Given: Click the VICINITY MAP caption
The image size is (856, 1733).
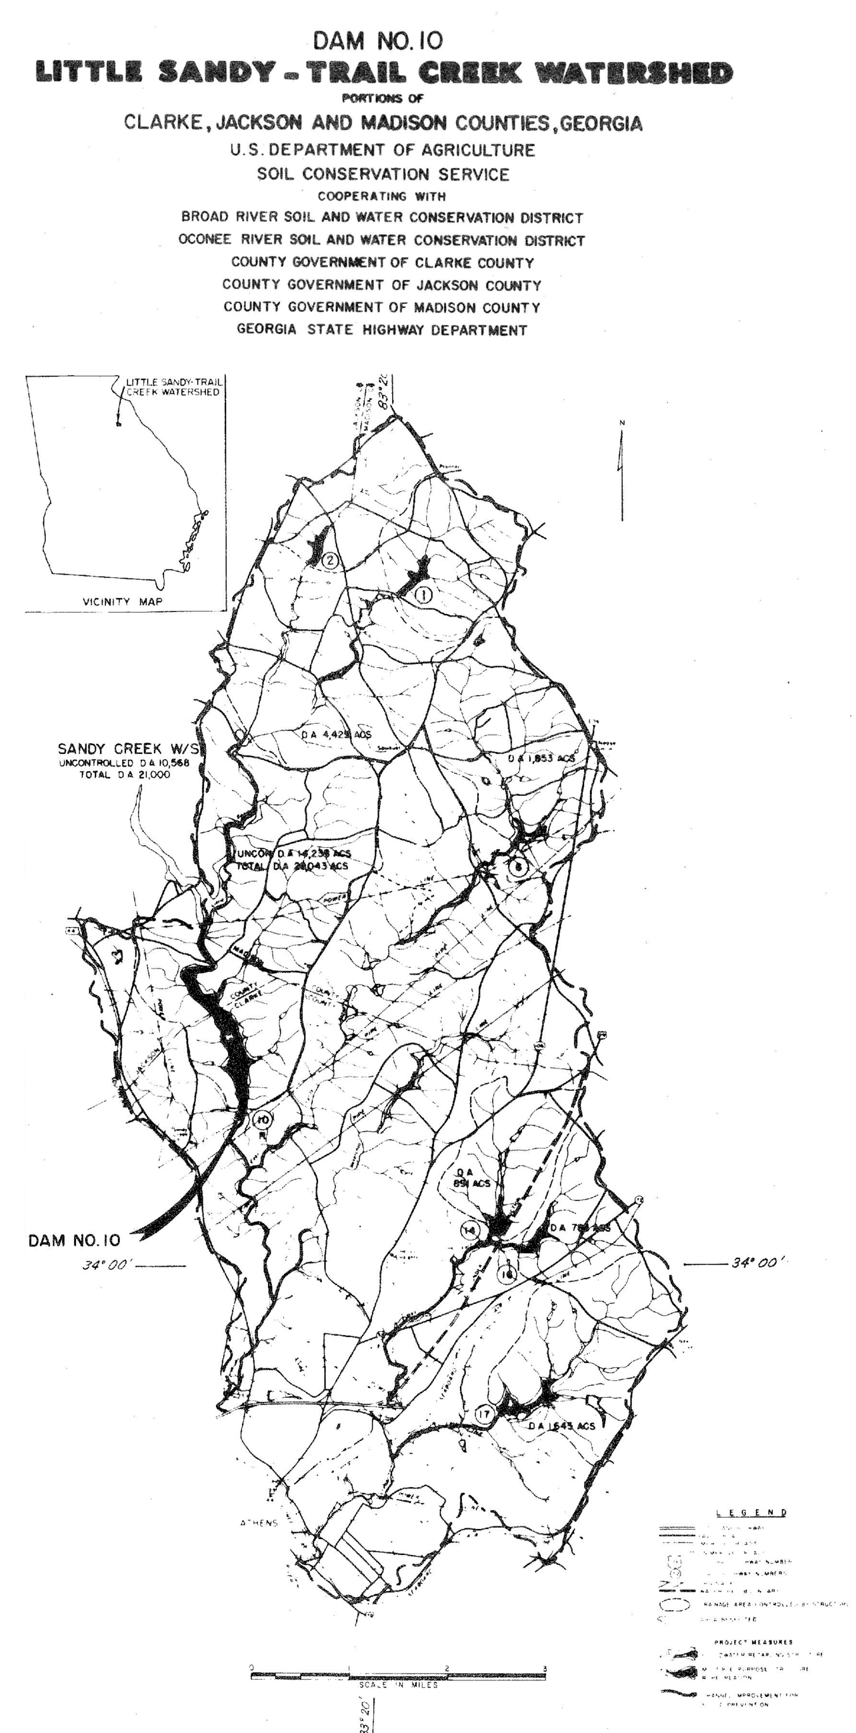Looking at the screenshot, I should click(x=123, y=601).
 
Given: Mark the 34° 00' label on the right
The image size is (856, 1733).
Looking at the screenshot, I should click(x=759, y=1262).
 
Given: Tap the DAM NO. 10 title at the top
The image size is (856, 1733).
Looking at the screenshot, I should click(x=378, y=41).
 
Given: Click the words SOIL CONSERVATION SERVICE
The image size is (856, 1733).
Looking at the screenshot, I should click(x=383, y=174).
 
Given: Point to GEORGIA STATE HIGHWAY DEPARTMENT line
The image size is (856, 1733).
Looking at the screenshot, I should click(x=381, y=331).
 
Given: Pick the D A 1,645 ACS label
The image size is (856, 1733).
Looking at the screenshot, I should click(x=561, y=1426).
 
